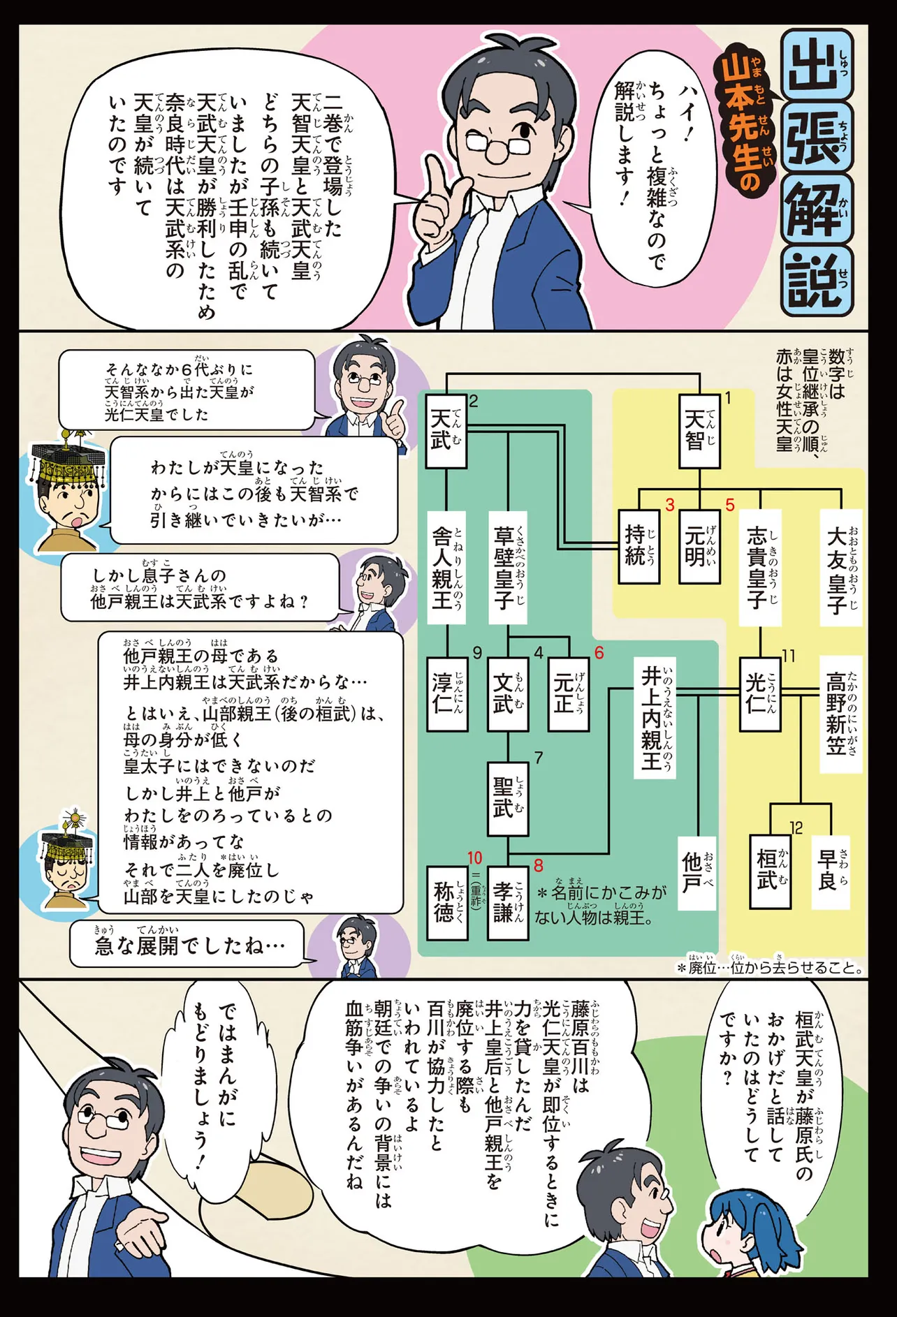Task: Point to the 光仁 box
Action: click(x=760, y=693)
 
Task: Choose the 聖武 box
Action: click(x=507, y=797)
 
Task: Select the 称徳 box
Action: click(x=447, y=902)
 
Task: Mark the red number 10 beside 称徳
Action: click(x=474, y=858)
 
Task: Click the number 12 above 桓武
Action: click(x=796, y=827)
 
